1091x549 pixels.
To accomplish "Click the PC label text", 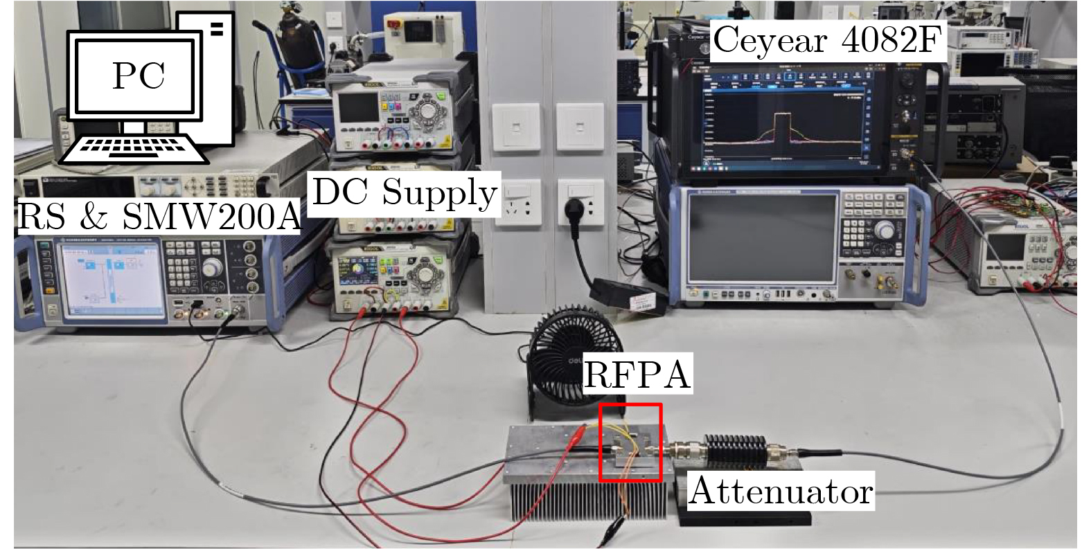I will [x=139, y=75].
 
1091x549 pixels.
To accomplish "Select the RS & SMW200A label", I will [x=159, y=216].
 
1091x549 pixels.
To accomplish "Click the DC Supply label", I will [x=405, y=192].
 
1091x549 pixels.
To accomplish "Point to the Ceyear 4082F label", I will [x=828, y=41].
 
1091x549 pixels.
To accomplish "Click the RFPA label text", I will [x=637, y=375].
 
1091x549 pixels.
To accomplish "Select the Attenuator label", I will [x=781, y=491].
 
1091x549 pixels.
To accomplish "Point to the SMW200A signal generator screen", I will [x=111, y=281].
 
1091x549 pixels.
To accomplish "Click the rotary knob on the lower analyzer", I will [x=883, y=231].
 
